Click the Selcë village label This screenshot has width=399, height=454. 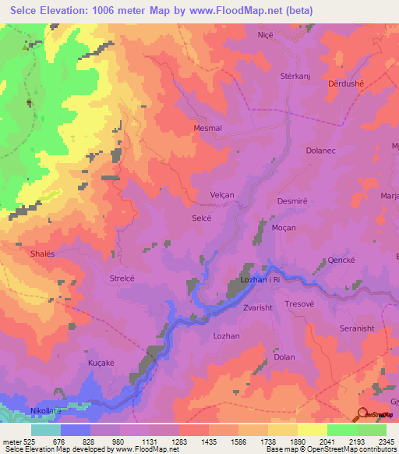[201, 219]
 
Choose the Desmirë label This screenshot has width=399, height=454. [293, 200]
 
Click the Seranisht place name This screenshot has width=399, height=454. [358, 328]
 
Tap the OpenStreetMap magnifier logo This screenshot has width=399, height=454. [362, 413]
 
